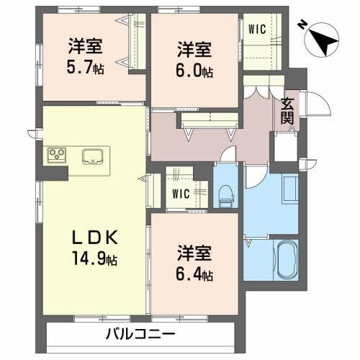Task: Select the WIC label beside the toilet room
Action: (x=180, y=193)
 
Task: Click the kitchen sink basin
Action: (x=94, y=156)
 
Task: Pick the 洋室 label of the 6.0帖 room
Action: (x=195, y=50)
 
